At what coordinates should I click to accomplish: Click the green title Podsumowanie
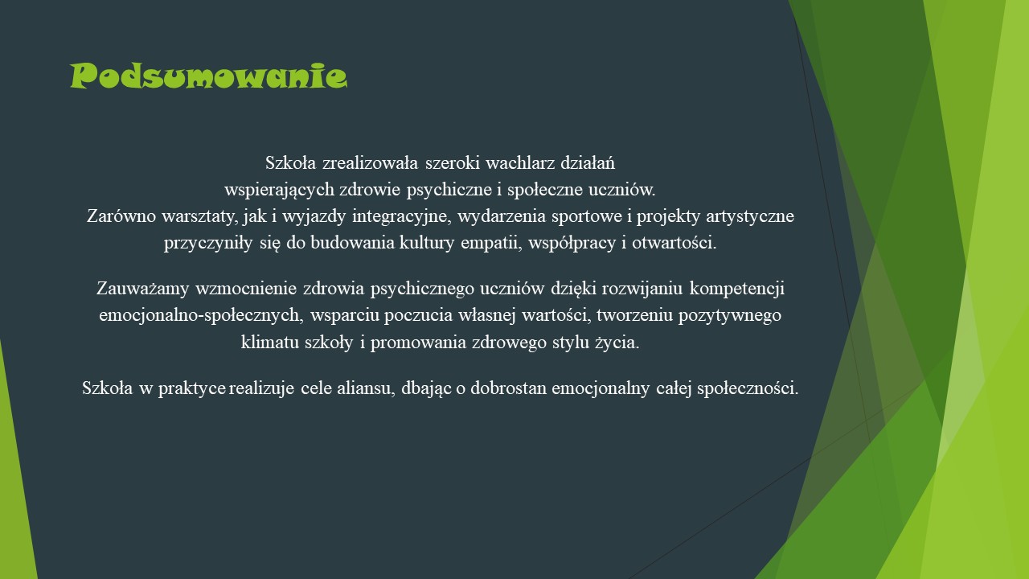click(208, 76)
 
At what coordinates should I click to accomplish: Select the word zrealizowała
click(371, 163)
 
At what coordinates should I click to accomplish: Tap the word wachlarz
click(520, 163)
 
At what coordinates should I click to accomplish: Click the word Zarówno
click(121, 216)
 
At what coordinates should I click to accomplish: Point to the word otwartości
click(674, 243)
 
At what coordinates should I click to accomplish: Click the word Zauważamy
click(143, 289)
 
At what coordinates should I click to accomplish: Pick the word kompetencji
click(737, 289)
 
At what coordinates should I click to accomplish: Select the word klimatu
click(270, 343)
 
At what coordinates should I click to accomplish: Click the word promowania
click(418, 343)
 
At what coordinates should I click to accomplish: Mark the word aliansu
click(366, 388)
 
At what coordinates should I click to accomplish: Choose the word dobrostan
click(509, 388)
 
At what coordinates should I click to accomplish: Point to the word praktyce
click(192, 389)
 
